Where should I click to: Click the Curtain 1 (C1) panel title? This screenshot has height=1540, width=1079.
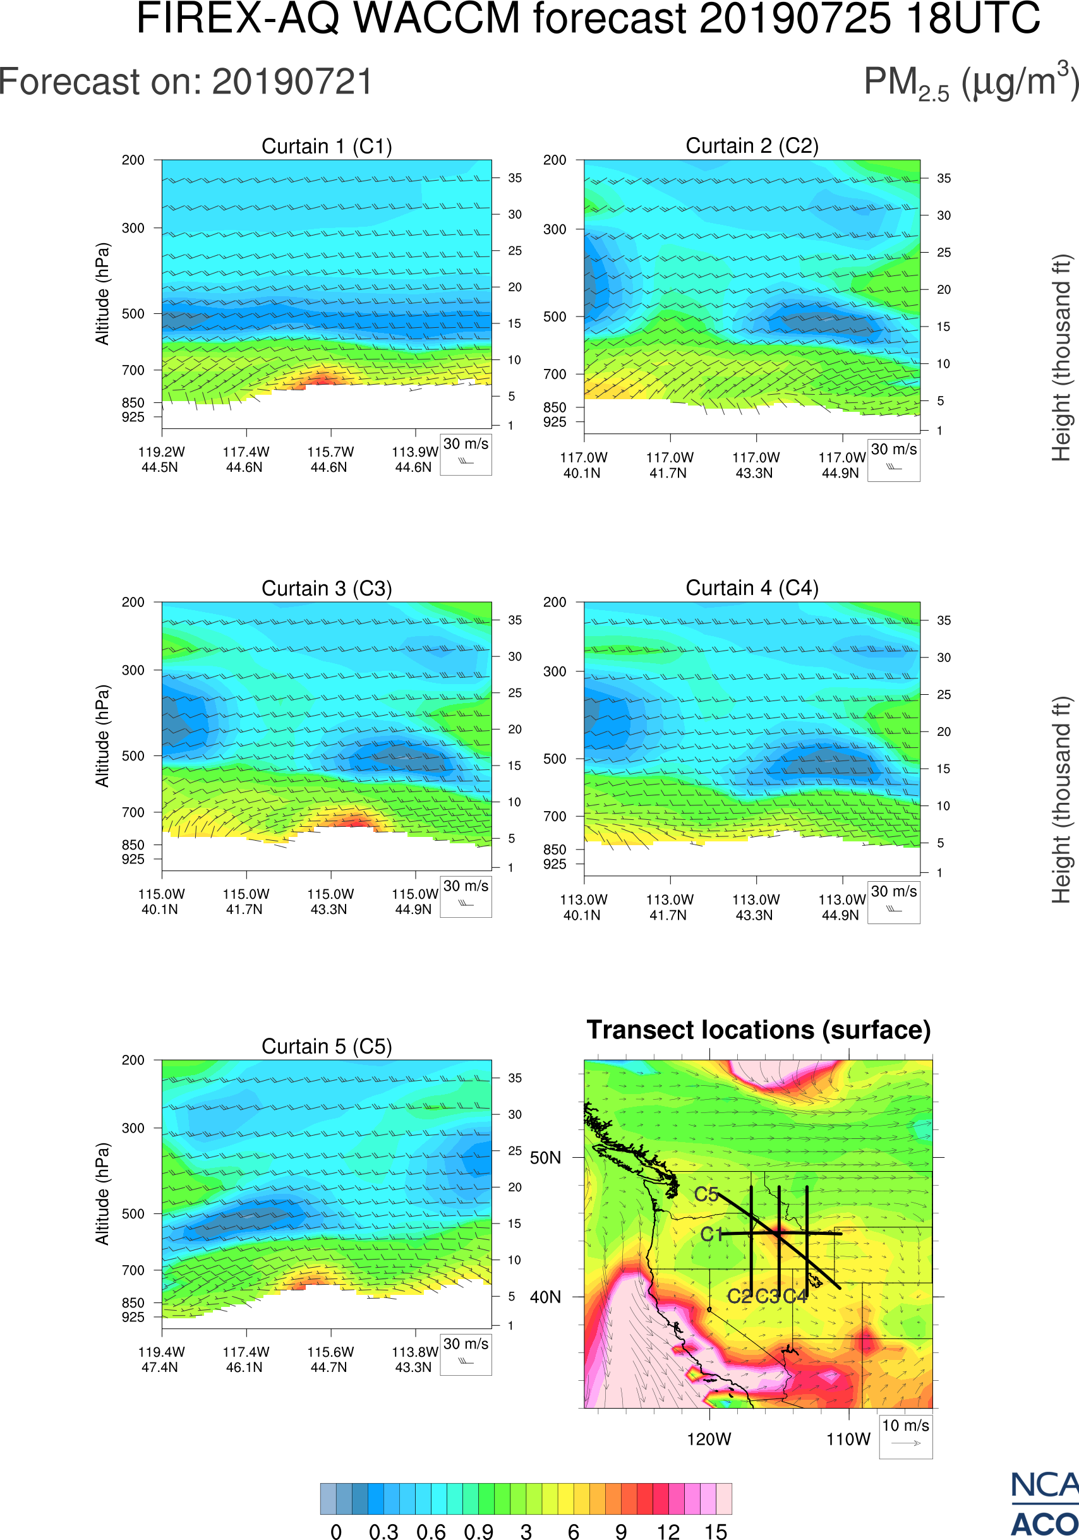pyautogui.click(x=327, y=146)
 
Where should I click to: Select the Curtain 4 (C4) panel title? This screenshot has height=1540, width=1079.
pyautogui.click(x=752, y=588)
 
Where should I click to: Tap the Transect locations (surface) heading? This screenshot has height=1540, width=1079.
pyautogui.click(x=759, y=1030)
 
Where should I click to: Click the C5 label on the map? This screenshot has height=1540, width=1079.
pyautogui.click(x=706, y=1194)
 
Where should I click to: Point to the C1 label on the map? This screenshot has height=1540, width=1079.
pyautogui.click(x=711, y=1234)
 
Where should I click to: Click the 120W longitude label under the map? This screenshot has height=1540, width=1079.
pyautogui.click(x=709, y=1440)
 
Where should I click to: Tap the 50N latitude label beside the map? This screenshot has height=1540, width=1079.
pyautogui.click(x=545, y=1158)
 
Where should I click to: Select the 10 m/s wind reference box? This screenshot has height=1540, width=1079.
pyautogui.click(x=905, y=1435)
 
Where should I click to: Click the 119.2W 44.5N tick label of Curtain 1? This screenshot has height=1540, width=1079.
pyautogui.click(x=161, y=459)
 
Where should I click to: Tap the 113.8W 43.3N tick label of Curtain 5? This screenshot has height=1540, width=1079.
pyautogui.click(x=414, y=1359)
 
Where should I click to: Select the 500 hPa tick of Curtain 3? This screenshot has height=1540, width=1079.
pyautogui.click(x=133, y=756)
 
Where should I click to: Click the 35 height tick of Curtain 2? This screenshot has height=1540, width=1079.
pyautogui.click(x=944, y=178)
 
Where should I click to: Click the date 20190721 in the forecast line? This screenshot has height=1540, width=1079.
pyautogui.click(x=292, y=83)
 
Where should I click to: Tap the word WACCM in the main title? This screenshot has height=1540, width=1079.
pyautogui.click(x=437, y=19)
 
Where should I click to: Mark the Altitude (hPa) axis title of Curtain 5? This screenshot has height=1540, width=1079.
pyautogui.click(x=102, y=1194)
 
